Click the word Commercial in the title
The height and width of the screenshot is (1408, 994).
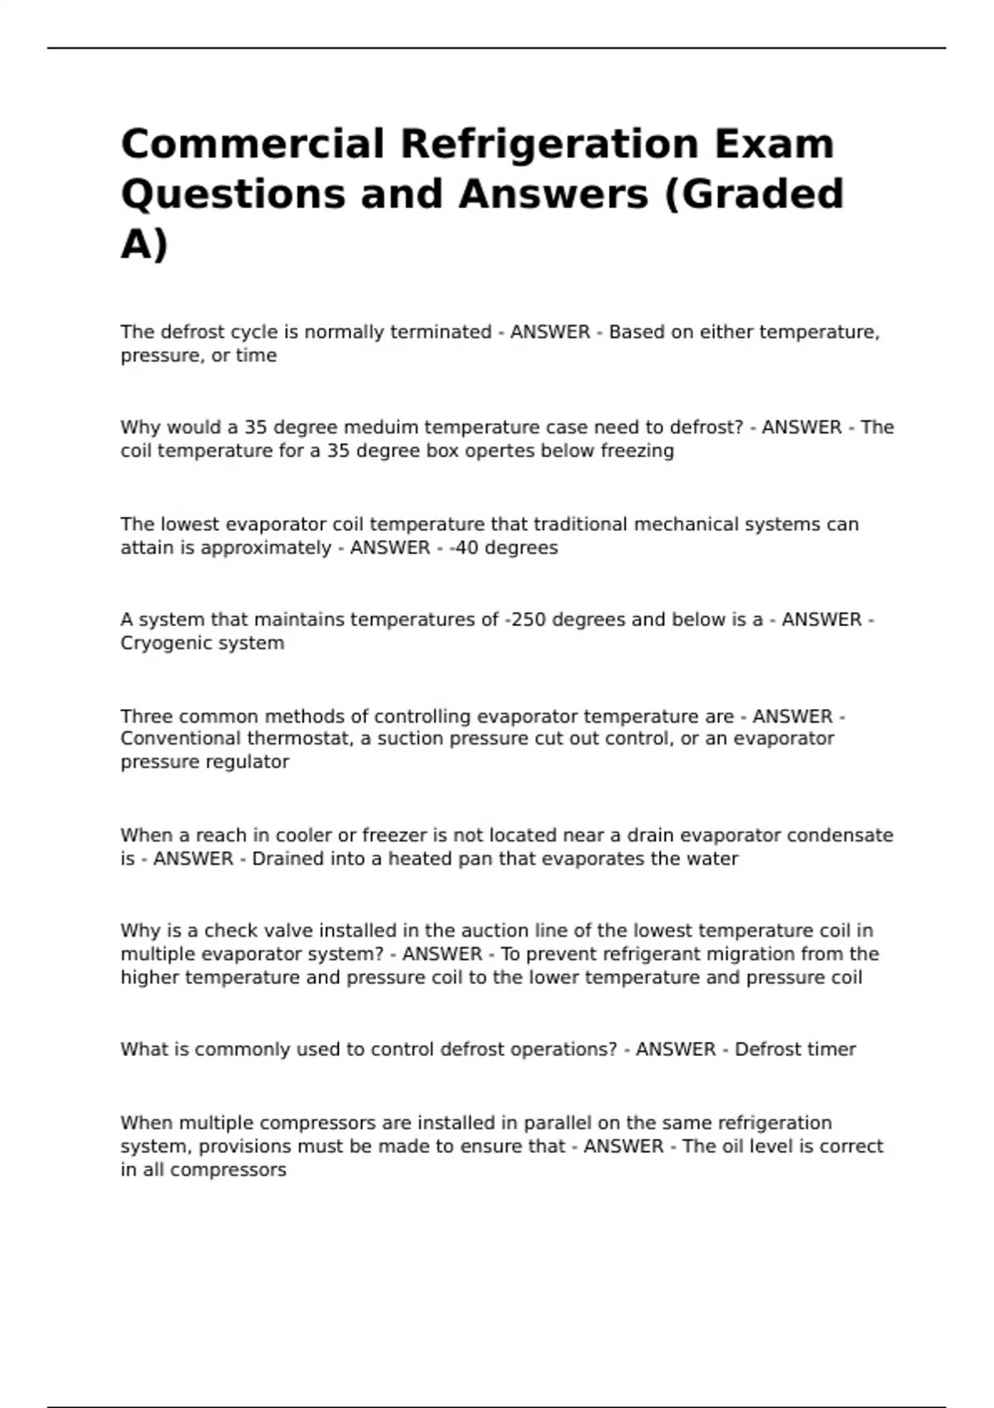[x=253, y=144]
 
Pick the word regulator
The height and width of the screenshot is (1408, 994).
[x=248, y=762]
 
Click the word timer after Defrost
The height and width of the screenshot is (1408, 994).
[x=829, y=1049]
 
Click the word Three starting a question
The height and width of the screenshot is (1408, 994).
[x=146, y=716]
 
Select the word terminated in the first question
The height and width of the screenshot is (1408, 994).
[x=441, y=332]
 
